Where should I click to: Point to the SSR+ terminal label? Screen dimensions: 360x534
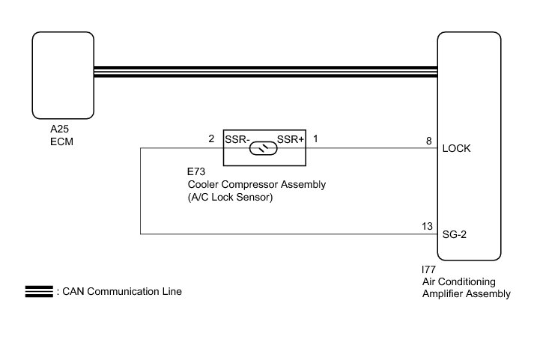pos(290,139)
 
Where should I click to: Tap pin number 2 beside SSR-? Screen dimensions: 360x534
pos(211,139)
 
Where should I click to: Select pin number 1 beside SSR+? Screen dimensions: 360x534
pos(315,139)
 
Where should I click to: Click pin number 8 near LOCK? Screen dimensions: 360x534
pos(428,140)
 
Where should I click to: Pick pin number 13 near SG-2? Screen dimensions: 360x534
pos(427,226)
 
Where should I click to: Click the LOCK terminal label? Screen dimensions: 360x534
pos(456,148)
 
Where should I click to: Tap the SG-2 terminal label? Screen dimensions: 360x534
pos(455,234)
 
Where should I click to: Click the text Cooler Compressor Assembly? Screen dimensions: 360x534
pos(256,185)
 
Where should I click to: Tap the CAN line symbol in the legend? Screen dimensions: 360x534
pos(38,292)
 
